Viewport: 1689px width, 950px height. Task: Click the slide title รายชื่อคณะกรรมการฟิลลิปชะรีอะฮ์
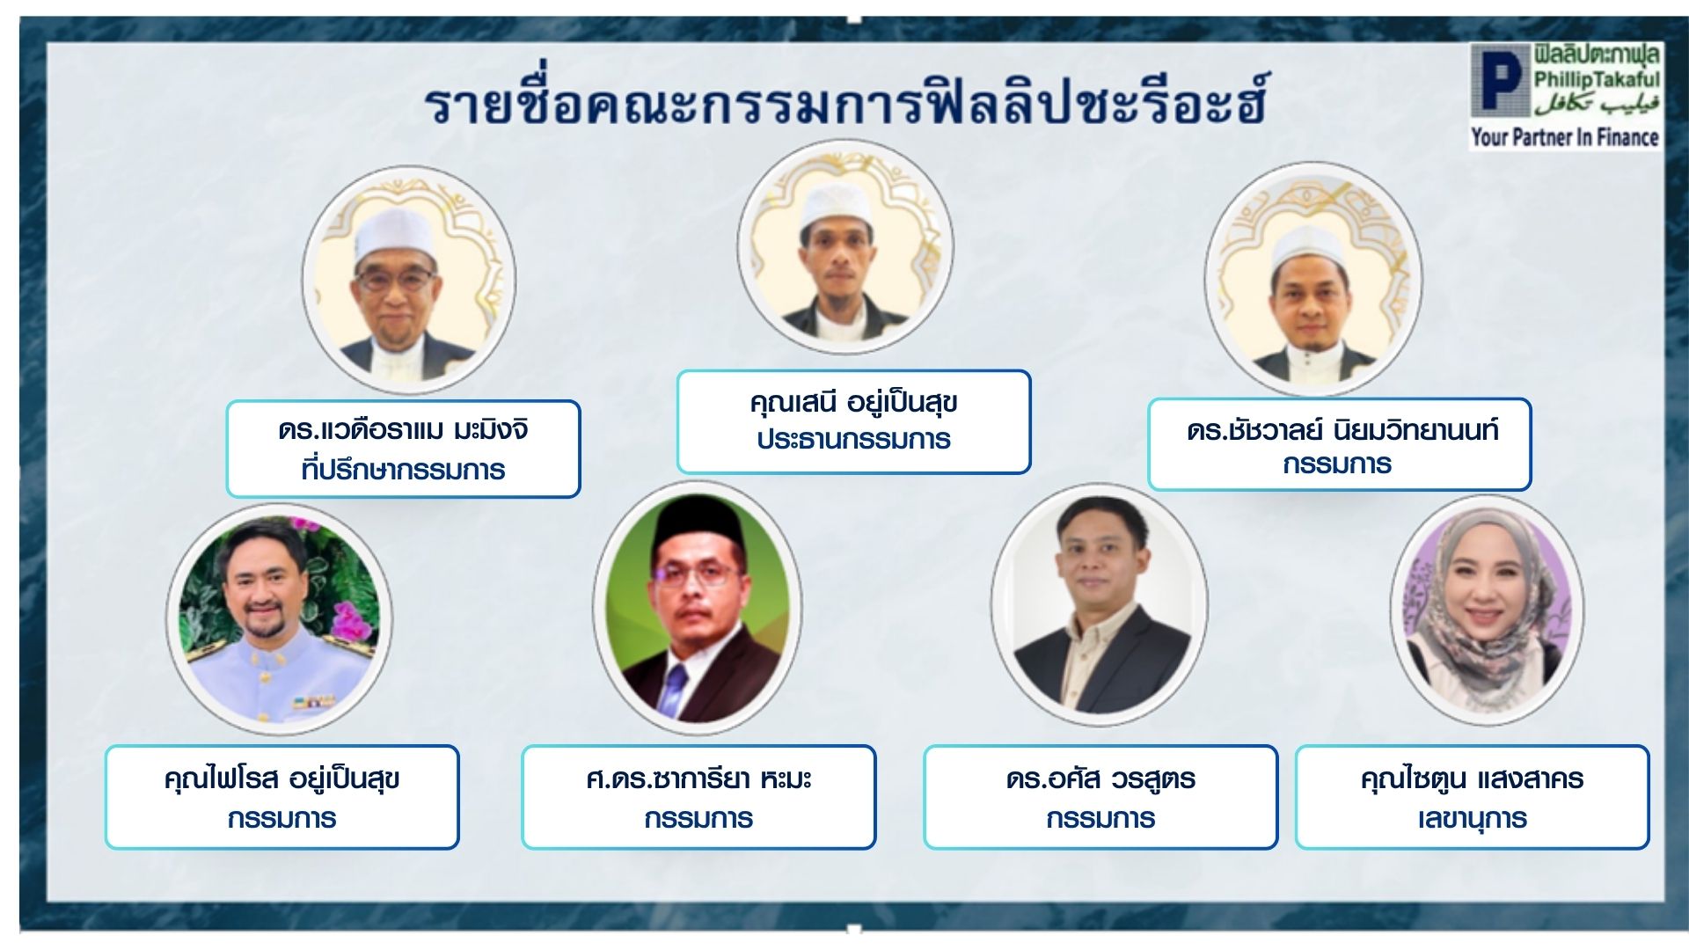point(845,103)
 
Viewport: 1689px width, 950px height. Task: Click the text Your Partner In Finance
point(1565,137)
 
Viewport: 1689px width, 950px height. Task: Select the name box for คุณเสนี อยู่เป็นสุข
point(853,422)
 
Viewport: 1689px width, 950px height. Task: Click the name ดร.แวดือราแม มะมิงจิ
point(404,431)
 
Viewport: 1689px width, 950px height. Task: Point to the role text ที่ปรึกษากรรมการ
point(403,470)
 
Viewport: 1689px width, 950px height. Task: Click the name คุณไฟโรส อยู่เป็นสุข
point(282,779)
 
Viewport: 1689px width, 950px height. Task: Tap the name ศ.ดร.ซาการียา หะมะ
point(698,779)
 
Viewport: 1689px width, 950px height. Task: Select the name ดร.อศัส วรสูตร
point(1100,779)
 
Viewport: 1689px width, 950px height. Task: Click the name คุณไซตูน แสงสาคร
point(1472,779)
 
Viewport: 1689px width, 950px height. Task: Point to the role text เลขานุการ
point(1472,819)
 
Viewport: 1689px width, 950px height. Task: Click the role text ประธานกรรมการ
point(853,439)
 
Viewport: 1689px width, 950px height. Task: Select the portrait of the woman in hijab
point(1487,610)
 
